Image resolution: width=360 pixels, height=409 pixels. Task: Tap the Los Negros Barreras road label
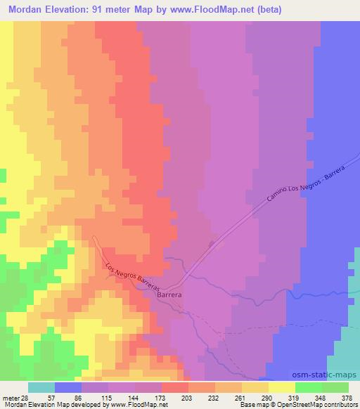134,277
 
